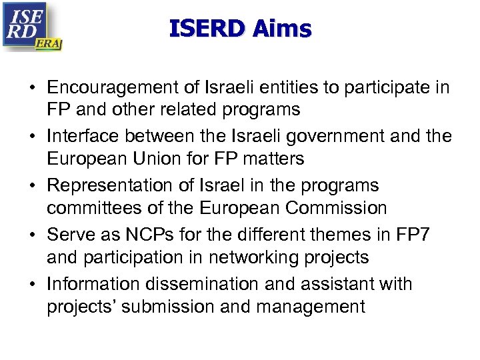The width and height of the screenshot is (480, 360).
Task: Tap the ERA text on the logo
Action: click(x=49, y=44)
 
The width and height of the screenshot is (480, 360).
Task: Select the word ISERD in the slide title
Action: click(x=208, y=29)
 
